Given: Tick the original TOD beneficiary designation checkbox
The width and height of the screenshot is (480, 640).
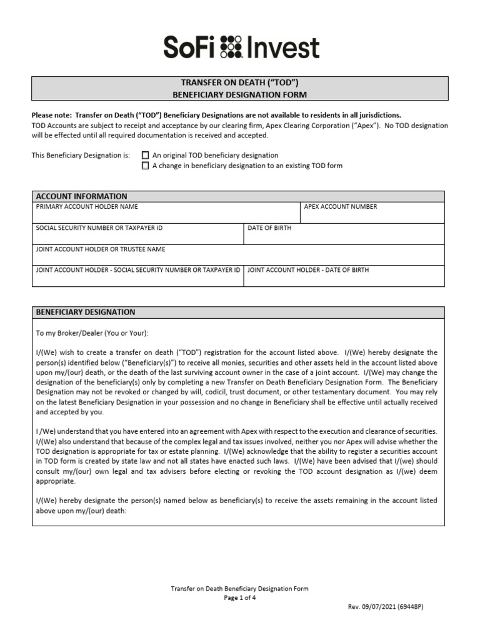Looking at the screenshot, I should pyautogui.click(x=146, y=155).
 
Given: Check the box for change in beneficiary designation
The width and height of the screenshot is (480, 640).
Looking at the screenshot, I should pyautogui.click(x=146, y=166).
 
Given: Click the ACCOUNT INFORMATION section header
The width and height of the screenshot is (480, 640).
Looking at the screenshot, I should pyautogui.click(x=82, y=196).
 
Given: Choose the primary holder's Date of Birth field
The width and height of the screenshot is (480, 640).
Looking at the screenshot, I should pyautogui.click(x=344, y=236).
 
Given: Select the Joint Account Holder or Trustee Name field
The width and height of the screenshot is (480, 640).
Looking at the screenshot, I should pyautogui.click(x=239, y=257).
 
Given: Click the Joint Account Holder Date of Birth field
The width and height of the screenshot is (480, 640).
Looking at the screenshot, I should pyautogui.click(x=344, y=278).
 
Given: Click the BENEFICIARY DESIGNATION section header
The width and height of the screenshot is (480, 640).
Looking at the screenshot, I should pyautogui.click(x=86, y=312).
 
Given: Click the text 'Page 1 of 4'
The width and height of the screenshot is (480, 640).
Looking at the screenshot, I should pyautogui.click(x=240, y=597).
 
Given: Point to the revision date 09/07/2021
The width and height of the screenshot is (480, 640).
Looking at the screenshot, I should pyautogui.click(x=379, y=607).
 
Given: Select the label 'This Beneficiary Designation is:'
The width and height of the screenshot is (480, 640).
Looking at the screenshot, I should pyautogui.click(x=81, y=155).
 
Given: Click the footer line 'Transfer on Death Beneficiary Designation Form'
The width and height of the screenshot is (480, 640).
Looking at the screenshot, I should pyautogui.click(x=240, y=589).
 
